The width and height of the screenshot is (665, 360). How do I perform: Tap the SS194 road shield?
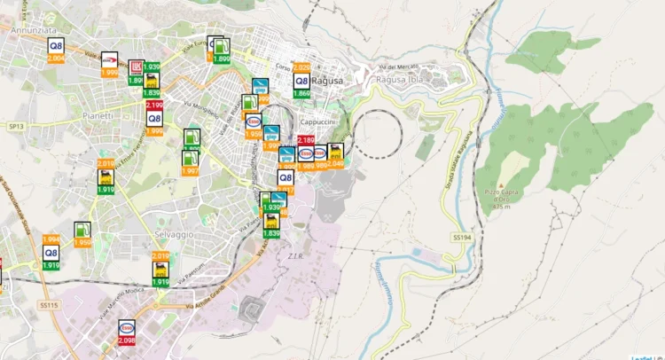[461, 238]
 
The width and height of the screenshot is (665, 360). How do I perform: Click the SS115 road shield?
[48, 304]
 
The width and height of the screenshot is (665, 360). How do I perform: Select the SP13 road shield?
[14, 127]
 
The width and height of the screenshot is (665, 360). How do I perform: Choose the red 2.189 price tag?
[306, 140]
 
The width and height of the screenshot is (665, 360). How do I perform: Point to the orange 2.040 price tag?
[335, 163]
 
